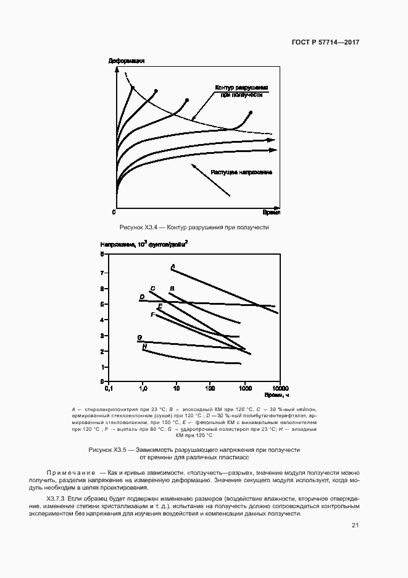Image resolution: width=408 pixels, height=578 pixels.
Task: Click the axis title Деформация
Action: pos(126,61)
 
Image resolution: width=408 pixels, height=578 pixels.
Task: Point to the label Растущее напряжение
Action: pos(241,172)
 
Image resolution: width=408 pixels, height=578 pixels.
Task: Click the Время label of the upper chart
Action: pos(271,212)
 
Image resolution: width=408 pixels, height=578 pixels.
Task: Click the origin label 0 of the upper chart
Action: pos(114,212)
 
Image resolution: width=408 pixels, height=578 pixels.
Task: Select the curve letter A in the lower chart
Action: pos(173,266)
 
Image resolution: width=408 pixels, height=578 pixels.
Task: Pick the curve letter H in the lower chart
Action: pos(144,347)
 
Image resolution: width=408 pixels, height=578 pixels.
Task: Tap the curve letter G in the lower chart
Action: pos(139,338)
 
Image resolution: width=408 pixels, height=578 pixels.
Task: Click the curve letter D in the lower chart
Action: pos(141,297)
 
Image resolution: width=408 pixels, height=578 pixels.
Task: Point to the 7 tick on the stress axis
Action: pos(102,272)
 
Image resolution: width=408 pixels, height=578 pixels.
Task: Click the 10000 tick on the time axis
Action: pos(280,388)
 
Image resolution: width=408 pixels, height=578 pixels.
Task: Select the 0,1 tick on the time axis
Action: pos(110,388)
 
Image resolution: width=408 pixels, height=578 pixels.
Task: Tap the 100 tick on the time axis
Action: pos(210,388)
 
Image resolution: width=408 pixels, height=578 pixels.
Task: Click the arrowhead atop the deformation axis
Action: pos(117,70)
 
